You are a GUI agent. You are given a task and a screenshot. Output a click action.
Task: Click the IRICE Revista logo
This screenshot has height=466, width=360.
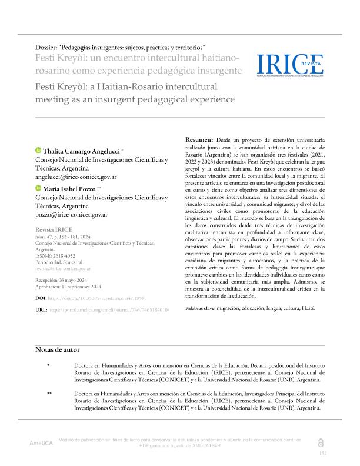coord(290,63)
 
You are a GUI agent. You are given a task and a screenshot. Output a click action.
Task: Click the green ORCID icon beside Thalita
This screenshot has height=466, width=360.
coord(38,151)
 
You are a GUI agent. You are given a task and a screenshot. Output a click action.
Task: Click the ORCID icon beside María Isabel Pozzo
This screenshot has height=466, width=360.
coord(38,188)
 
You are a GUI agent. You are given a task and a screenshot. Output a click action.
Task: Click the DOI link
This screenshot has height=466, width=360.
coord(106,298)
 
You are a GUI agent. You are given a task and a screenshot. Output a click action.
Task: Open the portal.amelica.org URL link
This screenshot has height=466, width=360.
coord(112,309)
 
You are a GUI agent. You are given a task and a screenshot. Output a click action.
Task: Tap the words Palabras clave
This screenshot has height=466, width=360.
coord(202,308)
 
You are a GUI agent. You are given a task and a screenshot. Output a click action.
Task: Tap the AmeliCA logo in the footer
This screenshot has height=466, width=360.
coord(42,442)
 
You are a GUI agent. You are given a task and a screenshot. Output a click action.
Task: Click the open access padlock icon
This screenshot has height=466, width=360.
coord(321,442)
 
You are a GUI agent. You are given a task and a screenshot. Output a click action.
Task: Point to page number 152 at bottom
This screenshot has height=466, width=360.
coord(322,453)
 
